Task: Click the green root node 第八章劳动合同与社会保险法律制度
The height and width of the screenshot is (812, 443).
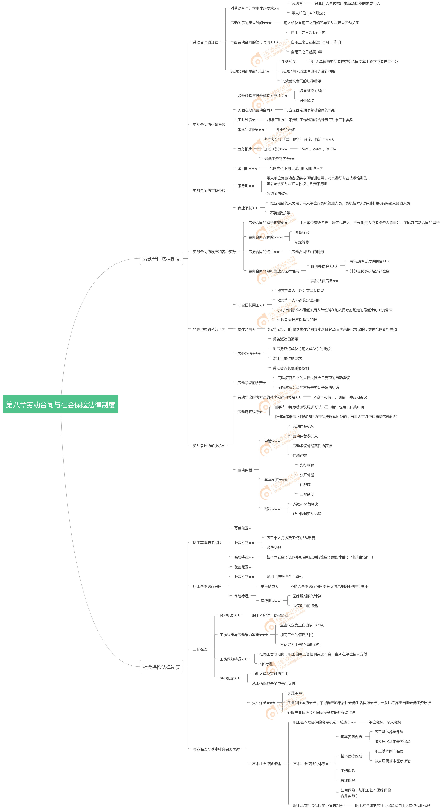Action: pyautogui.click(x=60, y=404)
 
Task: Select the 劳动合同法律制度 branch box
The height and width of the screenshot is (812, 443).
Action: pyautogui.click(x=161, y=259)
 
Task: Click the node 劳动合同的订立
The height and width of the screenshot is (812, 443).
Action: pyautogui.click(x=205, y=42)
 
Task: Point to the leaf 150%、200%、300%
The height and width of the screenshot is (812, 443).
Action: pyautogui.click(x=317, y=149)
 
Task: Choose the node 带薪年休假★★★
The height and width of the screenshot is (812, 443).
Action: pyautogui.click(x=251, y=130)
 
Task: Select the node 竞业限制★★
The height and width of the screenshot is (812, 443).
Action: pyautogui.click(x=247, y=208)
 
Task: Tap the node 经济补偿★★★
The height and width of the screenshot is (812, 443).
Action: pyautogui.click(x=324, y=266)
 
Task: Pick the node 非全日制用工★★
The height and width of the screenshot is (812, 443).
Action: pyautogui.click(x=251, y=305)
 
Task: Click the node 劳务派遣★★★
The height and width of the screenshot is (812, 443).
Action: pyautogui.click(x=249, y=354)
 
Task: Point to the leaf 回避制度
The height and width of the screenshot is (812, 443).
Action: pyautogui.click(x=307, y=494)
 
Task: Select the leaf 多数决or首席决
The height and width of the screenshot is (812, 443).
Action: pyautogui.click(x=305, y=504)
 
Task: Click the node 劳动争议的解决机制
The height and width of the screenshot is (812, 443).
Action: pyautogui.click(x=209, y=446)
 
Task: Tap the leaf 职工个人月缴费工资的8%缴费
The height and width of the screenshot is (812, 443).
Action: pyautogui.click(x=291, y=538)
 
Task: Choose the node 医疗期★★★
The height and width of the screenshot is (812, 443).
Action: pyautogui.click(x=270, y=601)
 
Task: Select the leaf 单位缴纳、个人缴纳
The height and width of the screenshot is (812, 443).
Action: pyautogui.click(x=385, y=722)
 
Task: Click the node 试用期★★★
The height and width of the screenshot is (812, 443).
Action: pyautogui.click(x=247, y=168)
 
